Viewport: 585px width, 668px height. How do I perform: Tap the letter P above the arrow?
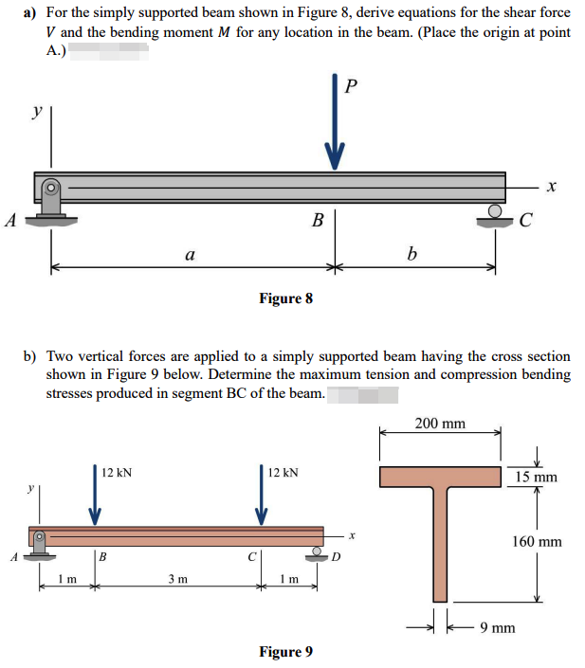pos(353,87)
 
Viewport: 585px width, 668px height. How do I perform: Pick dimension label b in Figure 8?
pos(411,253)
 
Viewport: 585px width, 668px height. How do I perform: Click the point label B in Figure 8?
pos(319,224)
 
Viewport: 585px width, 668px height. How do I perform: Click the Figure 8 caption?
pos(285,298)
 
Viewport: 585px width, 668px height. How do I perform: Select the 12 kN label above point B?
pos(118,472)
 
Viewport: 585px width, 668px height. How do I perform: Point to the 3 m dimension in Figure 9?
pos(177,578)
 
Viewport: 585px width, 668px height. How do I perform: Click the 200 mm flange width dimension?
pos(440,424)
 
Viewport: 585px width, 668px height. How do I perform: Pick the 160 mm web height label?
pos(537,542)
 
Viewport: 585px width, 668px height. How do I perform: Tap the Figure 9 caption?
pos(285,652)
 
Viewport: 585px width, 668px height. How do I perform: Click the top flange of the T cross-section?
pos(440,476)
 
